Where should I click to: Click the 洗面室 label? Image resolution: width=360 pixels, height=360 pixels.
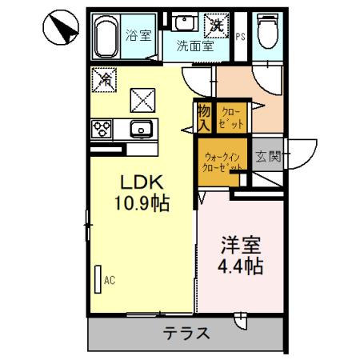(195, 46)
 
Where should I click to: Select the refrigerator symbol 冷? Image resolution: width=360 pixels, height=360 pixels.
(104, 80)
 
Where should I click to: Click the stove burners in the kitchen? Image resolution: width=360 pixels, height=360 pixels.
(103, 128)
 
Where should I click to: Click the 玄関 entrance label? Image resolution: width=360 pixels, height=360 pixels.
(268, 157)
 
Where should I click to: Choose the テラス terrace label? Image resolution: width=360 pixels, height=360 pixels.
(186, 334)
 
